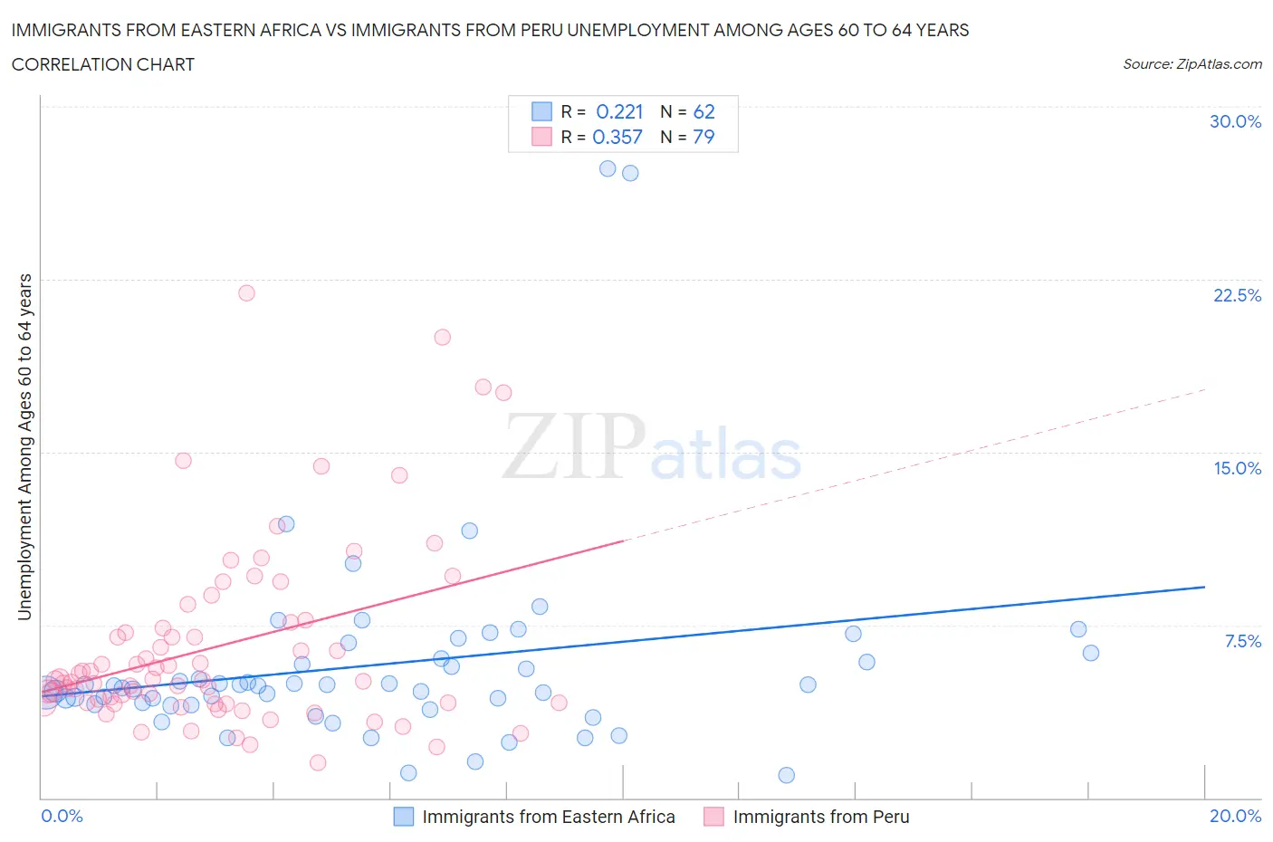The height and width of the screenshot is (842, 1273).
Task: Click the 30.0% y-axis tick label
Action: (x=1235, y=121)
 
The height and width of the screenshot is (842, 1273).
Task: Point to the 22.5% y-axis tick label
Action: (x=1237, y=295)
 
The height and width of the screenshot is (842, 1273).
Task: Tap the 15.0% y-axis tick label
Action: (x=1237, y=468)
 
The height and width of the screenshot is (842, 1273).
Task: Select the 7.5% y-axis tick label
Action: (x=1242, y=641)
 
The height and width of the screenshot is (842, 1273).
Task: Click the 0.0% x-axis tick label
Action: (x=62, y=816)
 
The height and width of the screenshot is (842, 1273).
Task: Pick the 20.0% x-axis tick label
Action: (x=1235, y=816)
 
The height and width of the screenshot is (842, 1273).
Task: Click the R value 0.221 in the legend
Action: (x=619, y=111)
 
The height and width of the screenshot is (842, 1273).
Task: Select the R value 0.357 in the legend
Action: (x=617, y=137)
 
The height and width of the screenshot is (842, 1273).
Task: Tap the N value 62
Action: (x=703, y=111)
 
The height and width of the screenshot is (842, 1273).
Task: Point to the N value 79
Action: (x=703, y=137)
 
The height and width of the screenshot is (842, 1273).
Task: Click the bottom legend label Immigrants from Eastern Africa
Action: (x=549, y=817)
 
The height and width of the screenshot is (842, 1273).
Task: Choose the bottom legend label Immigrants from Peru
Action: (x=821, y=817)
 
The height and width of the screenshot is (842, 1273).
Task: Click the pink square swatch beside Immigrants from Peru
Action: (x=714, y=817)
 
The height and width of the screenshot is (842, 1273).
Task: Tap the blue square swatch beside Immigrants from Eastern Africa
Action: (x=403, y=817)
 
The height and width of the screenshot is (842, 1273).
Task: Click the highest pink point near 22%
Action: (x=246, y=292)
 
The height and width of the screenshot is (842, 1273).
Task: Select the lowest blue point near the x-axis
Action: (x=786, y=775)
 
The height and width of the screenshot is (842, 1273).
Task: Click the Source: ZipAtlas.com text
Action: (x=1192, y=63)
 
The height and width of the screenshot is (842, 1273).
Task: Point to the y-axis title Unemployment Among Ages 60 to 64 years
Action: (x=24, y=446)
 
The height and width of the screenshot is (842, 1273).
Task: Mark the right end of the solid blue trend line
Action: (x=1204, y=587)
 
